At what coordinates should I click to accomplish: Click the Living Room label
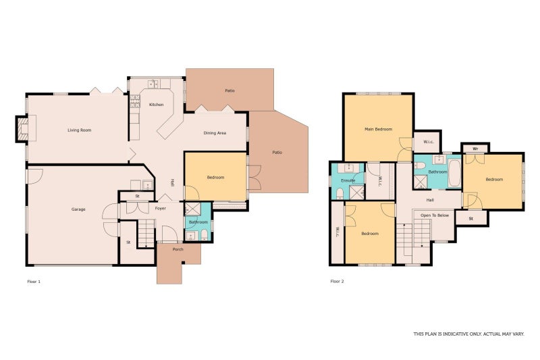(79, 130)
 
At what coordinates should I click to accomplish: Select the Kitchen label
(157, 105)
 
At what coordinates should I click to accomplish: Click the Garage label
(78, 209)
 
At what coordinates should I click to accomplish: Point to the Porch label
(178, 249)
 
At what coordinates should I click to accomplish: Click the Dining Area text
(215, 133)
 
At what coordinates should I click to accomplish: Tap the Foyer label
(161, 209)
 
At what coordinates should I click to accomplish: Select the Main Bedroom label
(378, 129)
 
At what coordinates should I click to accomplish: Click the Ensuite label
(348, 180)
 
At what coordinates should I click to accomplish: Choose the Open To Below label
(435, 215)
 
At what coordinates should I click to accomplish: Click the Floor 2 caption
(337, 281)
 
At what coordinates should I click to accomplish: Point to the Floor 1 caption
(34, 282)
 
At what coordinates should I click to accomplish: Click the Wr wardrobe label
(475, 149)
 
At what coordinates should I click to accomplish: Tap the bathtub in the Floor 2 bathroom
(454, 174)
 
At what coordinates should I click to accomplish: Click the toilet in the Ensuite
(340, 194)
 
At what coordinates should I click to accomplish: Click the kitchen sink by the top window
(153, 84)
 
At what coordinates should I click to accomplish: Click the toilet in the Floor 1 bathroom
(204, 235)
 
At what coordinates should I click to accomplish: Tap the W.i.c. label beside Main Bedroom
(429, 142)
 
